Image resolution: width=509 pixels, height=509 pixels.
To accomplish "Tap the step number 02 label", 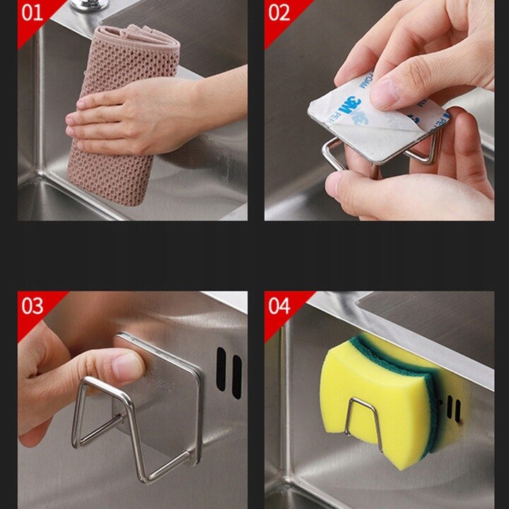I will coord(280,13).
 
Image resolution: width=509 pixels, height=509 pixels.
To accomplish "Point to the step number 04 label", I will coord(280,305).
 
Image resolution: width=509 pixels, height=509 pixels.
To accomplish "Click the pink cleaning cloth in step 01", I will coord(113,170).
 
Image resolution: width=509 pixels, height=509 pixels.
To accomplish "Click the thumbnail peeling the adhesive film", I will coord(386,92).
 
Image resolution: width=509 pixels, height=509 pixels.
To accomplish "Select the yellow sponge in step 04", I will coord(368,396).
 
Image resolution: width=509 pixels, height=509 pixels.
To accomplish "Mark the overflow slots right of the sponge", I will coord(452,410).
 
